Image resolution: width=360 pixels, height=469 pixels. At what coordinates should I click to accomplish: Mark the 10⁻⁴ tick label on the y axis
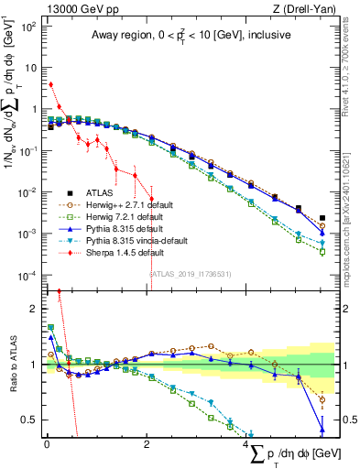coord(27,276)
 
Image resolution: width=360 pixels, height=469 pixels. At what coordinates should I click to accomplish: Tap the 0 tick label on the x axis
coord(47,446)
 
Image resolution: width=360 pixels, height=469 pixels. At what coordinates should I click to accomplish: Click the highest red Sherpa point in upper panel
coord(50,84)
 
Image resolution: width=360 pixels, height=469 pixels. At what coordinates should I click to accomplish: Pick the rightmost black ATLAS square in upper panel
coord(322,218)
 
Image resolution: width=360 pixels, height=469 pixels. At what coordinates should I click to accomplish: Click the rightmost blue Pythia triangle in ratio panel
coord(322,429)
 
